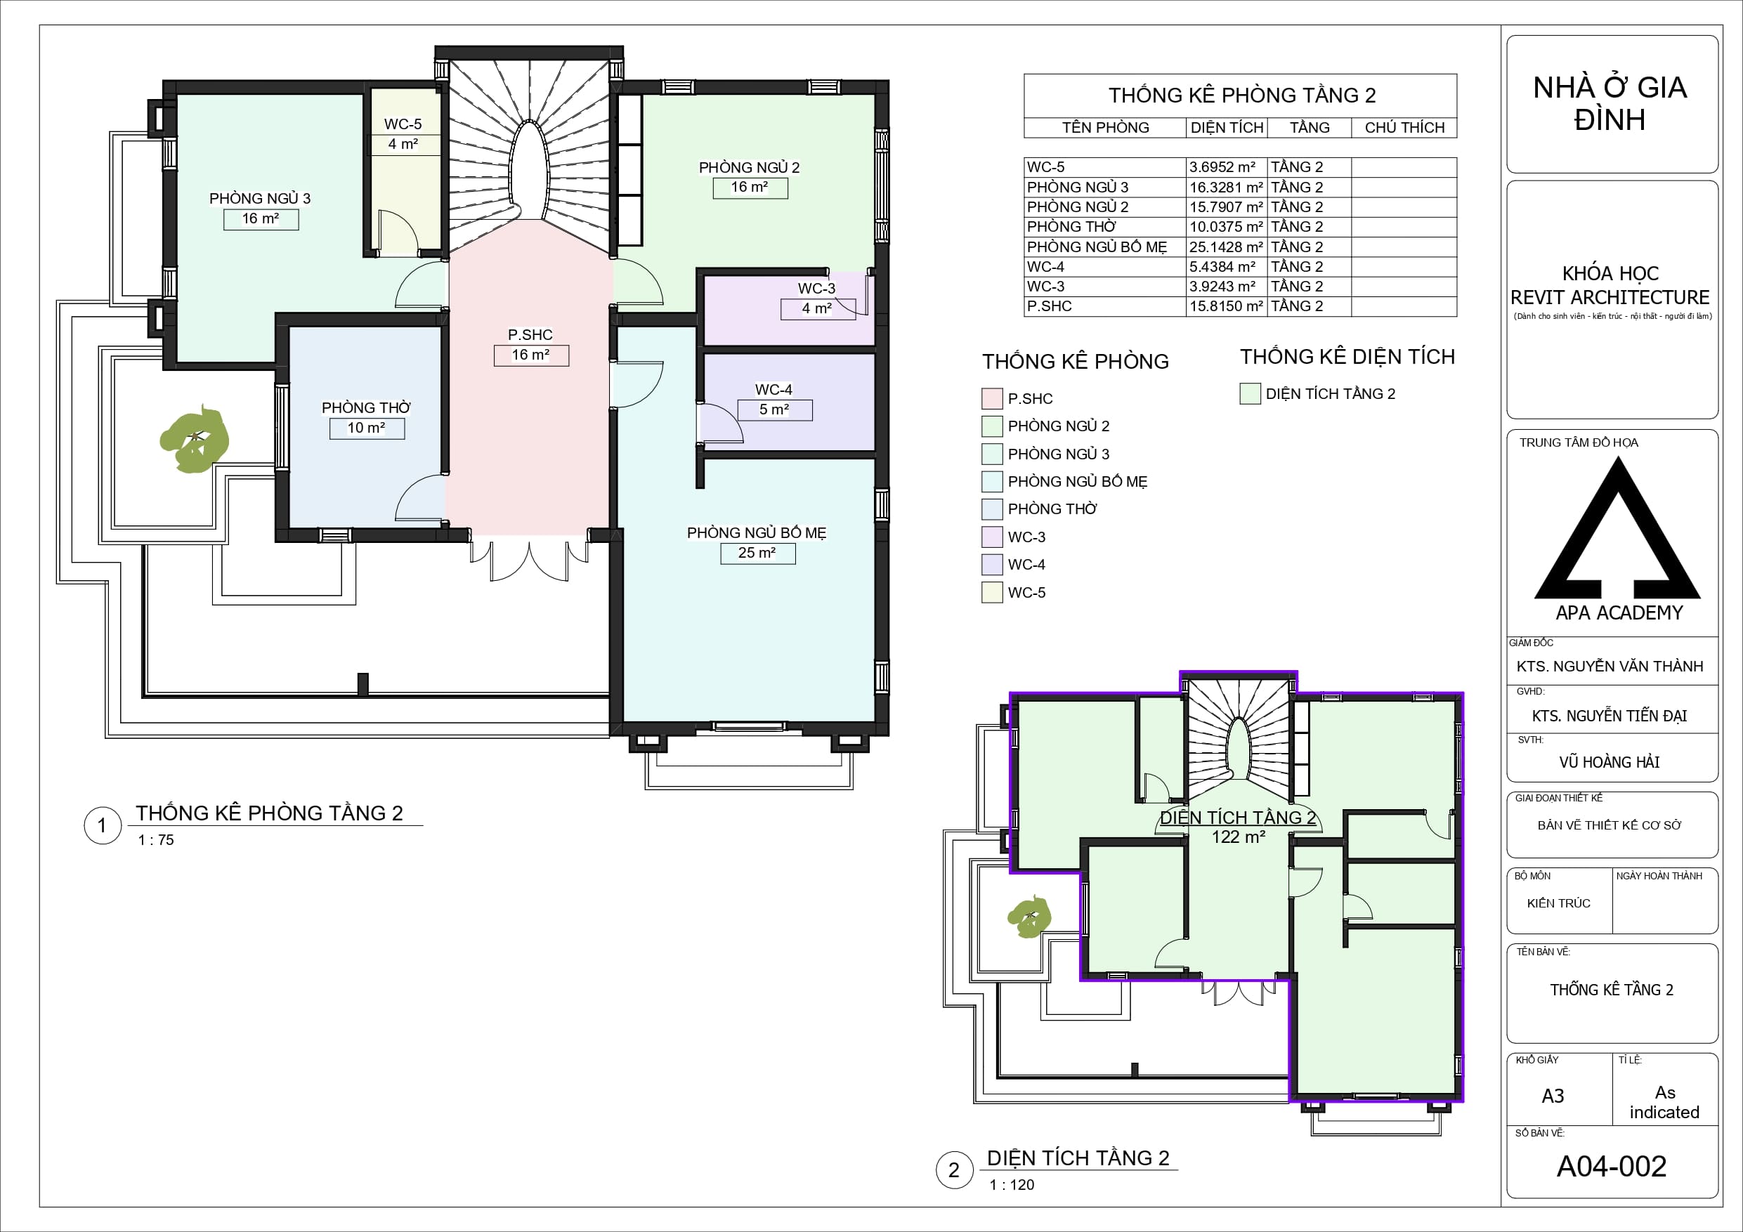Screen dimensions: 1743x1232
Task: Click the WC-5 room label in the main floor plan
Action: point(403,124)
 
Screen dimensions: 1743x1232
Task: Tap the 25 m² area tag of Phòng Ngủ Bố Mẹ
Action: point(757,553)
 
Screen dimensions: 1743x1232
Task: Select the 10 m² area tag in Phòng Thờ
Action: point(367,428)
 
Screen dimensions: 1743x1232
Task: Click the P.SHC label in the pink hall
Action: point(530,335)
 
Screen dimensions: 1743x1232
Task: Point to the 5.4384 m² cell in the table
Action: point(1222,266)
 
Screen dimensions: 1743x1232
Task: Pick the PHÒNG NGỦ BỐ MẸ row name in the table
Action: point(1096,247)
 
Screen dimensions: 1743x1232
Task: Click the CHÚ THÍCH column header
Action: point(1404,128)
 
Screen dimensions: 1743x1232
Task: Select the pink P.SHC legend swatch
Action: point(992,398)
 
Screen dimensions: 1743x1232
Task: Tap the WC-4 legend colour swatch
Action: point(992,565)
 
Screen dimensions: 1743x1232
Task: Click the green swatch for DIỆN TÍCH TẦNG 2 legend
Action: point(1251,393)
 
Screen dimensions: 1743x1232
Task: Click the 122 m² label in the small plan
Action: point(1238,837)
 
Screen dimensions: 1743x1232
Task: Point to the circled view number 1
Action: point(103,825)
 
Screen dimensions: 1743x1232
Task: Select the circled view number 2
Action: point(954,1169)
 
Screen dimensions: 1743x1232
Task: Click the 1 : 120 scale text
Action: point(1011,1184)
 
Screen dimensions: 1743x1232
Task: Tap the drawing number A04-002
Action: point(1612,1166)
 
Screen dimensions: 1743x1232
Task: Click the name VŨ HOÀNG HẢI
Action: point(1610,761)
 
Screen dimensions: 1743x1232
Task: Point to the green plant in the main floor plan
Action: point(195,439)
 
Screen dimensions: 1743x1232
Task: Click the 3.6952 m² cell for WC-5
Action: point(1222,167)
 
